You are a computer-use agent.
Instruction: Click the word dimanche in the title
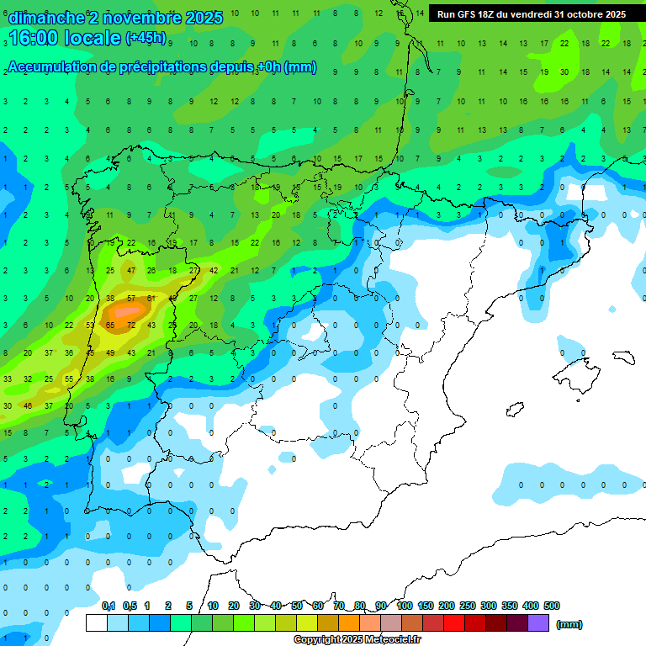click(x=46, y=18)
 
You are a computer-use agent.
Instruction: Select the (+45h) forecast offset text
click(x=146, y=38)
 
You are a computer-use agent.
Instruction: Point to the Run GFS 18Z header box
click(x=531, y=14)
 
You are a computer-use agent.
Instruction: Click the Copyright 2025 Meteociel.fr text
click(x=357, y=639)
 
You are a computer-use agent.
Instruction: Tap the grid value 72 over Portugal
click(x=130, y=325)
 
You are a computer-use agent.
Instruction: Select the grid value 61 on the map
click(x=151, y=298)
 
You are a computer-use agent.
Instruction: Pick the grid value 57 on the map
click(x=130, y=298)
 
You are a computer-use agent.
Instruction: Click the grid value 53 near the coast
click(x=90, y=325)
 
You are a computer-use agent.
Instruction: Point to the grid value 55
click(x=69, y=379)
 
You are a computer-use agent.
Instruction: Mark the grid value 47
click(x=130, y=271)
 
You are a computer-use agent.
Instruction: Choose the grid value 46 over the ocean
click(x=28, y=405)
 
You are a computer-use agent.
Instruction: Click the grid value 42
click(x=214, y=271)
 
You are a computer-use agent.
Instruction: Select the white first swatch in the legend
click(x=97, y=623)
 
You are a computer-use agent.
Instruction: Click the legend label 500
click(x=552, y=606)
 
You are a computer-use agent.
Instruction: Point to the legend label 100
click(x=404, y=606)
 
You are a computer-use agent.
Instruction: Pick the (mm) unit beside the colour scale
click(x=569, y=624)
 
